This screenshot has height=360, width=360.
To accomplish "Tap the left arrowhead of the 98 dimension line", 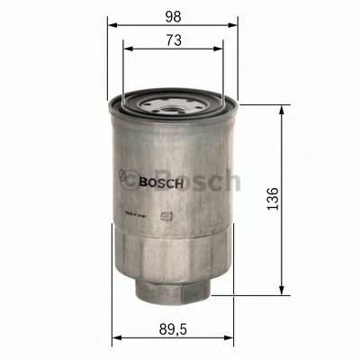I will pyautogui.click(x=112, y=26).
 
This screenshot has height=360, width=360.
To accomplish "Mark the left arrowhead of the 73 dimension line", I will pyautogui.click(x=127, y=50).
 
